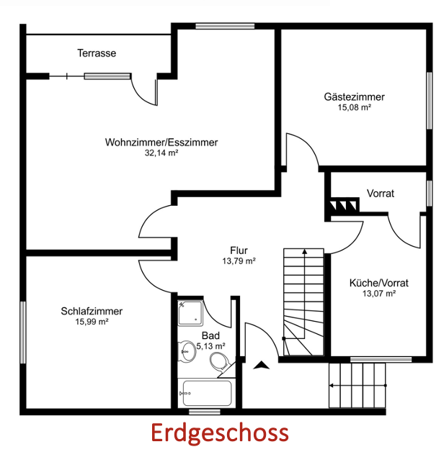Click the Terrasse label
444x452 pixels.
tap(97, 53)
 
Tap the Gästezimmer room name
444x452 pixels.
tap(354, 97)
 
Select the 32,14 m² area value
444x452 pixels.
tap(161, 153)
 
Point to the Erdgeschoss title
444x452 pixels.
tap(220, 433)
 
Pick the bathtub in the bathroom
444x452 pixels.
tap(208, 393)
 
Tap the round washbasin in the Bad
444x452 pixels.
tap(187, 351)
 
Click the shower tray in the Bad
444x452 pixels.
tap(190, 313)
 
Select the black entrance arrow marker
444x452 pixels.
tap(261, 365)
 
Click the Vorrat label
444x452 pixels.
tap(380, 193)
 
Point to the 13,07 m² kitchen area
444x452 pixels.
tap(378, 294)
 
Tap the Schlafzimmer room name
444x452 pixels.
tap(92, 311)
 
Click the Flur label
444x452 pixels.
tap(239, 250)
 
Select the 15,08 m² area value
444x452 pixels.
tap(354, 107)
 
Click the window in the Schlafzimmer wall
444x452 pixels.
tap(23, 333)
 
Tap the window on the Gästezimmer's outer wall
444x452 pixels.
tap(430, 100)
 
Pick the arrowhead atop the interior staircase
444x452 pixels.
tap(305, 251)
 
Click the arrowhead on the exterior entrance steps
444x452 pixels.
tap(331, 385)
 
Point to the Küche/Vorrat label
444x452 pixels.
tap(378, 283)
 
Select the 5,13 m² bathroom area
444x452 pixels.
tap(210, 346)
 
